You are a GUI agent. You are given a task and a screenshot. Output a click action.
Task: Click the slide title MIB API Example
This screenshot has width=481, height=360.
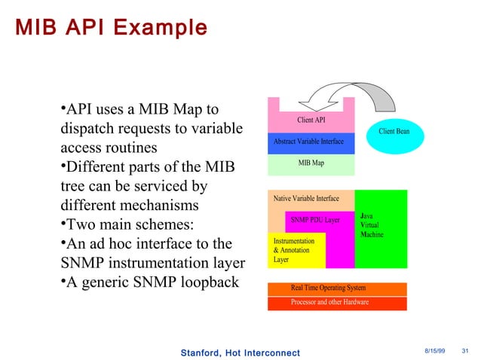point(110,28)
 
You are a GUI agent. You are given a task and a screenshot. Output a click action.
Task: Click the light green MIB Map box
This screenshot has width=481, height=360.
point(311,163)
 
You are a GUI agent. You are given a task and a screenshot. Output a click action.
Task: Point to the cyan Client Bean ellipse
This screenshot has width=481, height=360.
point(394,132)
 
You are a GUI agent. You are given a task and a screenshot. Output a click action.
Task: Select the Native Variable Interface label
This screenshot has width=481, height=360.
point(306,199)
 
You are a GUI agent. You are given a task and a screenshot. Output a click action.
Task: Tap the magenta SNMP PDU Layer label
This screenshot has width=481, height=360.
point(315,220)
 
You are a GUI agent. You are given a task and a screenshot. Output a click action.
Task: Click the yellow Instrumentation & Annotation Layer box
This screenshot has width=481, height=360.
point(297,250)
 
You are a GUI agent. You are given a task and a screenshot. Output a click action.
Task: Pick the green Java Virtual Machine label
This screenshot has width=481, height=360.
point(372,225)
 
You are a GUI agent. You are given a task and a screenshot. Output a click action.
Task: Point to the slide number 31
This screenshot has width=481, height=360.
point(464,352)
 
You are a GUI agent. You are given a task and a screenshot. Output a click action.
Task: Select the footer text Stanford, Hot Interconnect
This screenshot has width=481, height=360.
point(240,352)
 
